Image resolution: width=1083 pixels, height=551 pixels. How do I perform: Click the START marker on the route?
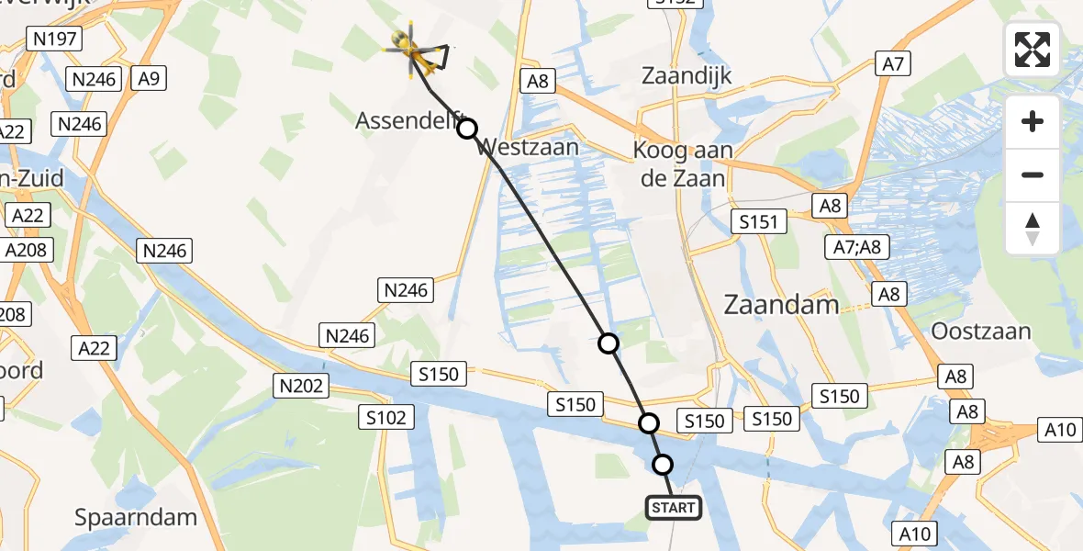674,508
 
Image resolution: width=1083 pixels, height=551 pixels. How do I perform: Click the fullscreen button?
1033,50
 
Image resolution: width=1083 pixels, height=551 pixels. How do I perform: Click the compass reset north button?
1033,229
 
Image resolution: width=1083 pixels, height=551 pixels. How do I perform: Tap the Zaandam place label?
781,304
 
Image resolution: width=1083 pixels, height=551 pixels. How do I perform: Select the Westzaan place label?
529,147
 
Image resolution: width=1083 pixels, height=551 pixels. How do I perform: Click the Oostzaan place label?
980,331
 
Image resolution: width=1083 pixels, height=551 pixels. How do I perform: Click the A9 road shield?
149,79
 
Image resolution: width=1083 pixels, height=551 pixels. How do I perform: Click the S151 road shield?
758,221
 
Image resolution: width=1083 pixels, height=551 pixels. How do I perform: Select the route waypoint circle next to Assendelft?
467,129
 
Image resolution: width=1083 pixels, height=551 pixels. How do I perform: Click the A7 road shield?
894,64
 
